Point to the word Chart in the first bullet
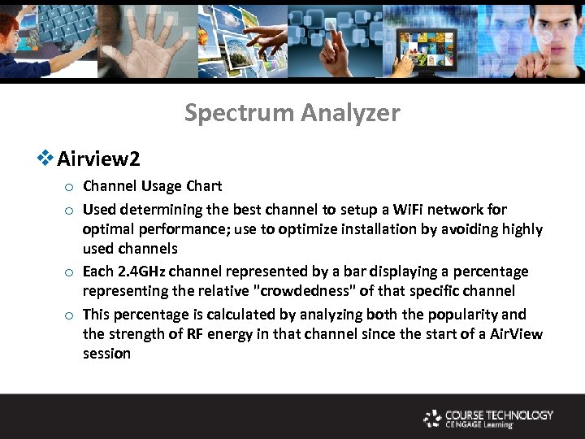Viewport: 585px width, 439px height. point(204,186)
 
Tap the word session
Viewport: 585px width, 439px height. point(106,354)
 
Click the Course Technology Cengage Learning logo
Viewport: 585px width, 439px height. point(488,419)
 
